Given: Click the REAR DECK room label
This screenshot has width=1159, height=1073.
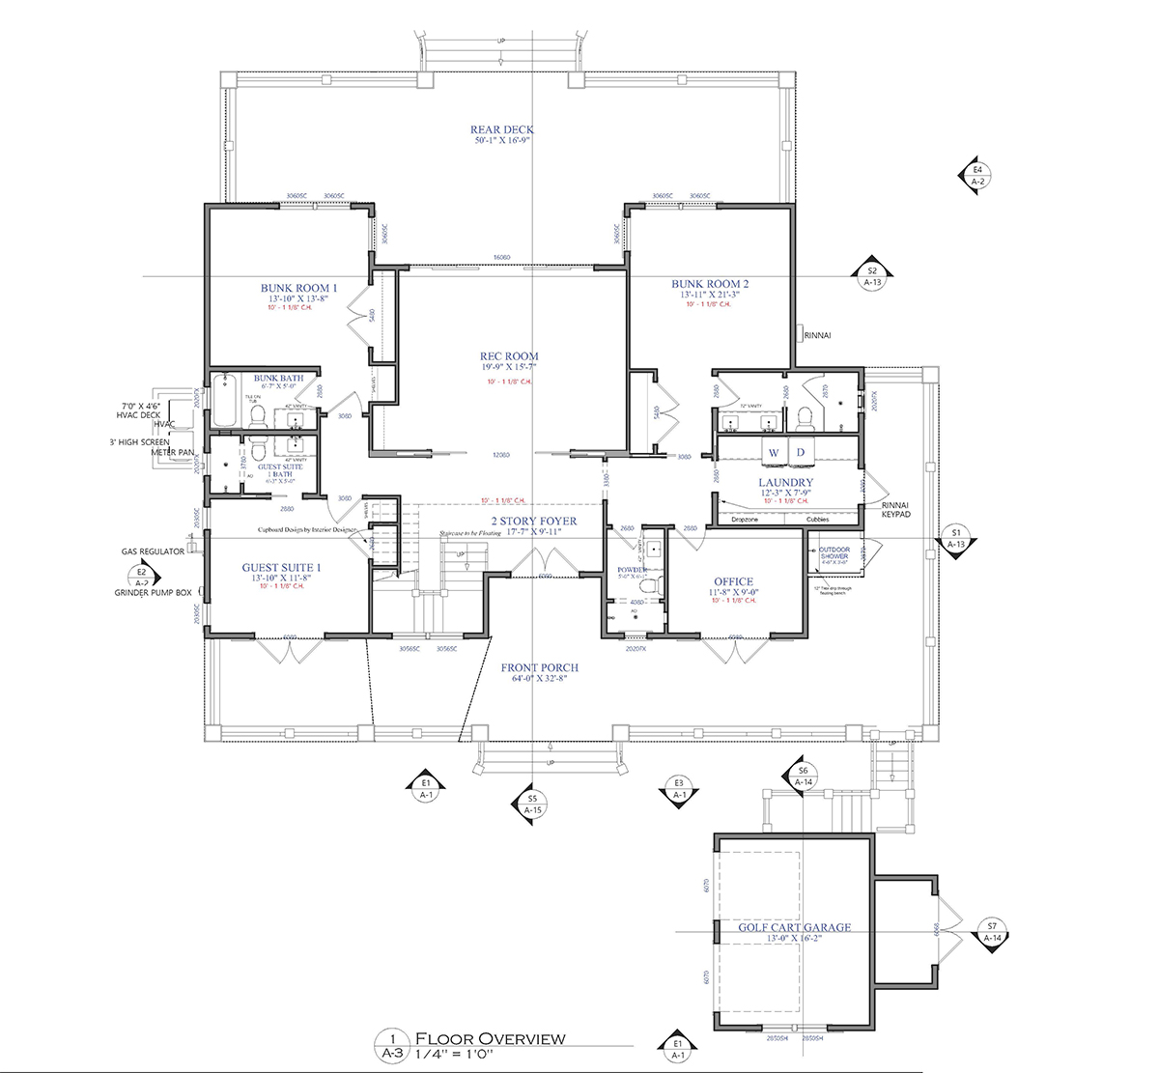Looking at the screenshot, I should [x=501, y=129].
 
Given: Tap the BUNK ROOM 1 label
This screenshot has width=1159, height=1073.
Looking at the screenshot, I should [x=298, y=288].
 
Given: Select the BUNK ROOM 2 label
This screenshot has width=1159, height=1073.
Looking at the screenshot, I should [x=710, y=284].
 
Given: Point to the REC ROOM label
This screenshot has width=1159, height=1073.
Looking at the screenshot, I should [x=509, y=356].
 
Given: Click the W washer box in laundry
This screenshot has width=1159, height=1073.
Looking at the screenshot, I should [x=774, y=452].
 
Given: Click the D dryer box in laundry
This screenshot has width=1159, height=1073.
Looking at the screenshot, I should [x=801, y=452].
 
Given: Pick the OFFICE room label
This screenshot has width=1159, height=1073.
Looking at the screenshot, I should [x=733, y=582].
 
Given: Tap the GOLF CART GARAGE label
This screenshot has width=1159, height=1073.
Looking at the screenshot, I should [x=795, y=927].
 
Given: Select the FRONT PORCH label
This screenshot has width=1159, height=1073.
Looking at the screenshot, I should [x=539, y=667].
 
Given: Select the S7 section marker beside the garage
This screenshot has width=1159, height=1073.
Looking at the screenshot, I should [x=992, y=931].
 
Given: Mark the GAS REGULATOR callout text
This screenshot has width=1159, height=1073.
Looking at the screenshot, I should [x=153, y=551].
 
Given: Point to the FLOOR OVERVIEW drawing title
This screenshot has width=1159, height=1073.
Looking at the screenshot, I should [x=490, y=1038].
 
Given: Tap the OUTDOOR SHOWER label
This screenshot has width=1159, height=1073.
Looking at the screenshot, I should [x=834, y=553].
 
